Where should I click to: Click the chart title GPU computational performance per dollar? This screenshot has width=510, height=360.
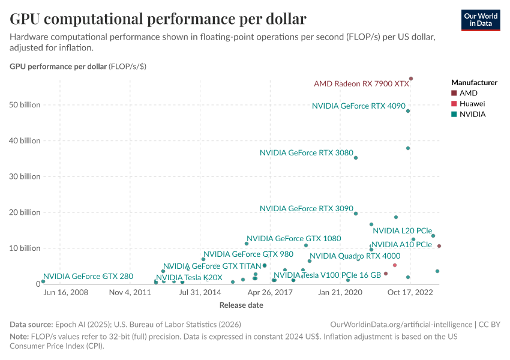[x=158, y=19]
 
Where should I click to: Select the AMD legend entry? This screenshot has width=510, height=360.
[x=468, y=93]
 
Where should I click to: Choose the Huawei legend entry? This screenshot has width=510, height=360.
[x=472, y=104]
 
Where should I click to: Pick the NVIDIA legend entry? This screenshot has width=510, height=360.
[x=472, y=114]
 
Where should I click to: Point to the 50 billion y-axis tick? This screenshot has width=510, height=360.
[x=25, y=105]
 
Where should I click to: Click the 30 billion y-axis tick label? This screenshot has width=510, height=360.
[x=25, y=176]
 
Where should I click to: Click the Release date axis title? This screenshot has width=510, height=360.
[x=241, y=305]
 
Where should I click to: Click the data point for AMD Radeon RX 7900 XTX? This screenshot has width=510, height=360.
[x=411, y=79]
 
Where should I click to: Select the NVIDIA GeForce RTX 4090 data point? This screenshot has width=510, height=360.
[x=408, y=111]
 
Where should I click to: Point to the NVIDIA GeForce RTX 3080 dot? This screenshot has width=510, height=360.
[x=356, y=158]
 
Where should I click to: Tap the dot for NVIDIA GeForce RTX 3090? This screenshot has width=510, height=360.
[x=356, y=214]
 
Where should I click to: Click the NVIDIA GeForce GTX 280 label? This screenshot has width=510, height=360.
[x=88, y=277]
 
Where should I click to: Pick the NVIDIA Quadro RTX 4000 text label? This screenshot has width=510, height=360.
[x=355, y=256]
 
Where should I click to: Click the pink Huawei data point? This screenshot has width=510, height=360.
[x=395, y=265]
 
